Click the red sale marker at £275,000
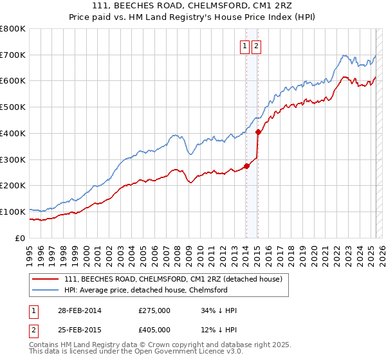pos(246,166)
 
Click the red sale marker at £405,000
pos(257,132)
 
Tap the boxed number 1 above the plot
pos(246,46)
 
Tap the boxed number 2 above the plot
pos(256,46)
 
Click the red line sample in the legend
pos(46,280)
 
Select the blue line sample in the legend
pos(46,291)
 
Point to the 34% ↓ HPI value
pos(219,310)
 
